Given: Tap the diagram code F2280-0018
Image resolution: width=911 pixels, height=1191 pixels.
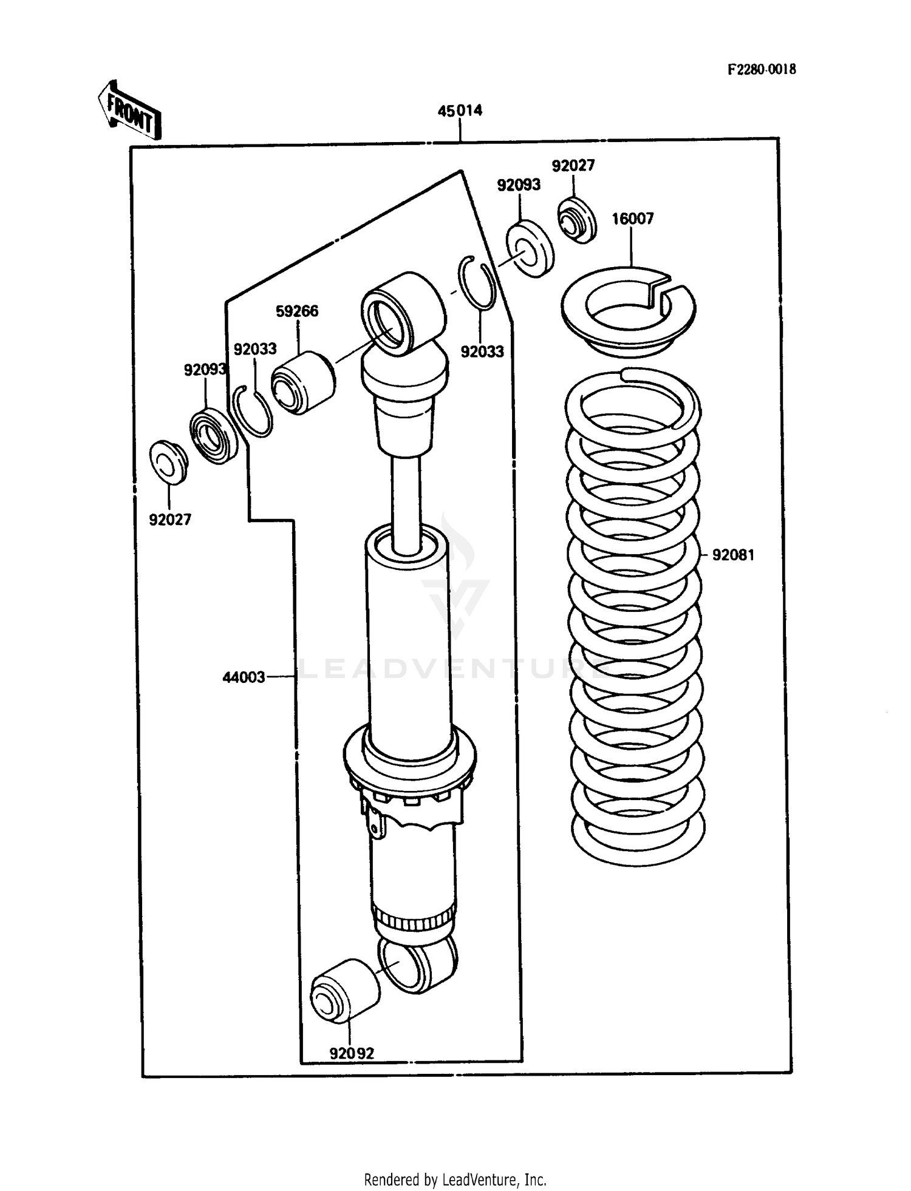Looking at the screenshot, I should (762, 69).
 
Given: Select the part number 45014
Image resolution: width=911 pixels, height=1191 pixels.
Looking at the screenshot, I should (460, 110).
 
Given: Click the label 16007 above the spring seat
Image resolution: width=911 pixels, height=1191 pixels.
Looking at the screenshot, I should (632, 219).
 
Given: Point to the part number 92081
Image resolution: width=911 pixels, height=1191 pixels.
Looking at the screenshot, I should (733, 555).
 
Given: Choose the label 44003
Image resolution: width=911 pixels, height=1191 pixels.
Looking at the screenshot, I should (244, 677).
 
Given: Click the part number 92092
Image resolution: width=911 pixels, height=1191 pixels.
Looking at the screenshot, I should (352, 1053).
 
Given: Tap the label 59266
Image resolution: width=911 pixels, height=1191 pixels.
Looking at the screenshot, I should (297, 311).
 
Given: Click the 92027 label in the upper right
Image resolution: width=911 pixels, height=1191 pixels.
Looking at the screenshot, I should (573, 166).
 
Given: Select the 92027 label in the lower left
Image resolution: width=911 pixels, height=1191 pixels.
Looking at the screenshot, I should (170, 520).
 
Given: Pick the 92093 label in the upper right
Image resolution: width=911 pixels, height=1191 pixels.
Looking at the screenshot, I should (519, 185).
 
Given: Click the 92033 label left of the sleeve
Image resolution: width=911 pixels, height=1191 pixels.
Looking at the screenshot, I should (255, 349).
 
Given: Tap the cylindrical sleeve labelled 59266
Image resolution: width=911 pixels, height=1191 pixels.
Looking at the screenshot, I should (302, 382).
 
